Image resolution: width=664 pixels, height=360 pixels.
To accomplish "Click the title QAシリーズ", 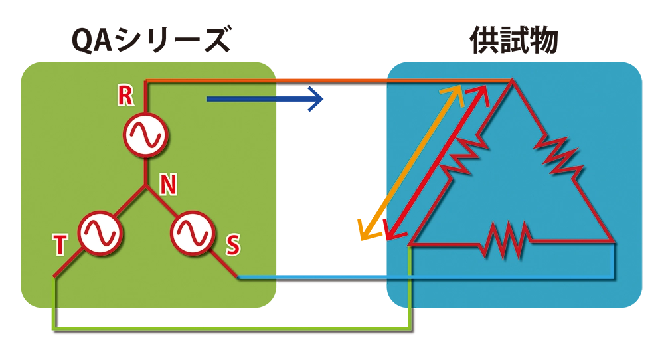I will (151, 42).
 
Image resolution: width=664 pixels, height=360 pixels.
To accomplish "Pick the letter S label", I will (233, 245).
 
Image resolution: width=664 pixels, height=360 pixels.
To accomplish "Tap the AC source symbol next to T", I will (100, 232).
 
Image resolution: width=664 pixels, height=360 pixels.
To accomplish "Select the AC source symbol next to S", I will (192, 232).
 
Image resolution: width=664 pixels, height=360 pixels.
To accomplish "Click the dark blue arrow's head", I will (317, 100).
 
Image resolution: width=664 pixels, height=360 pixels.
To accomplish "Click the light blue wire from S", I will (425, 277).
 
